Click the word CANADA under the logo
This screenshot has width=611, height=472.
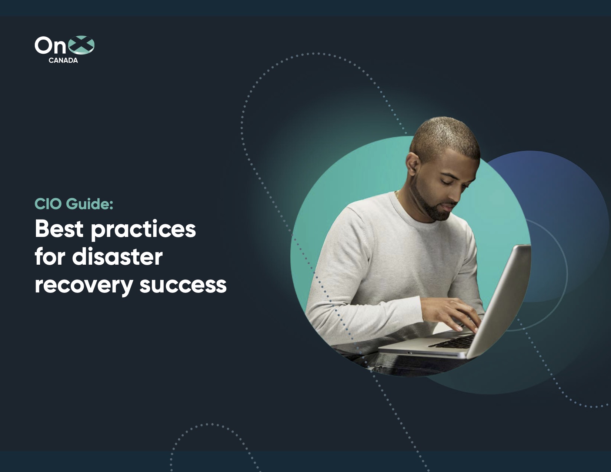[x=63, y=60]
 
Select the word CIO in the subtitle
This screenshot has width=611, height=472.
[x=48, y=204]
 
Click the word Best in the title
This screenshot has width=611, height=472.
[x=59, y=229]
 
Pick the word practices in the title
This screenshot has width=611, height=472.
[x=143, y=230]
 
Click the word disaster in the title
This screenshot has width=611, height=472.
[x=117, y=257]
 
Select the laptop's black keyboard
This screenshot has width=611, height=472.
[x=454, y=341]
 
